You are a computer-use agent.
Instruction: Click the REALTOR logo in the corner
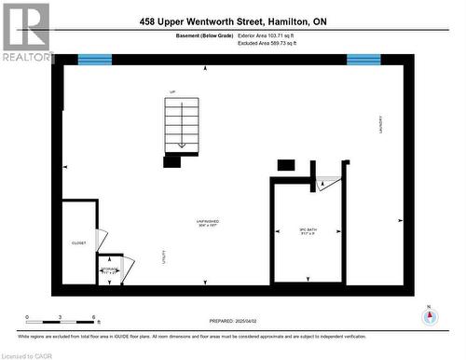click(25, 31)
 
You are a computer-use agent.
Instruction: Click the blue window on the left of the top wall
click(94, 60)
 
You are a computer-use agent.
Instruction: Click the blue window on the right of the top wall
click(363, 60)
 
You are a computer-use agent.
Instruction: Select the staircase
click(183, 125)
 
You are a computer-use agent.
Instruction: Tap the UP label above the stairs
click(171, 91)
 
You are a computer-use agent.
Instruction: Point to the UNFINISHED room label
click(207, 222)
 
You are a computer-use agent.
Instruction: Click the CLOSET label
click(79, 243)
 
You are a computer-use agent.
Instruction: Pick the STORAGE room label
click(110, 268)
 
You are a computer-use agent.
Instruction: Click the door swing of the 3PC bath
click(327, 184)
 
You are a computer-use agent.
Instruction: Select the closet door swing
click(102, 241)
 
